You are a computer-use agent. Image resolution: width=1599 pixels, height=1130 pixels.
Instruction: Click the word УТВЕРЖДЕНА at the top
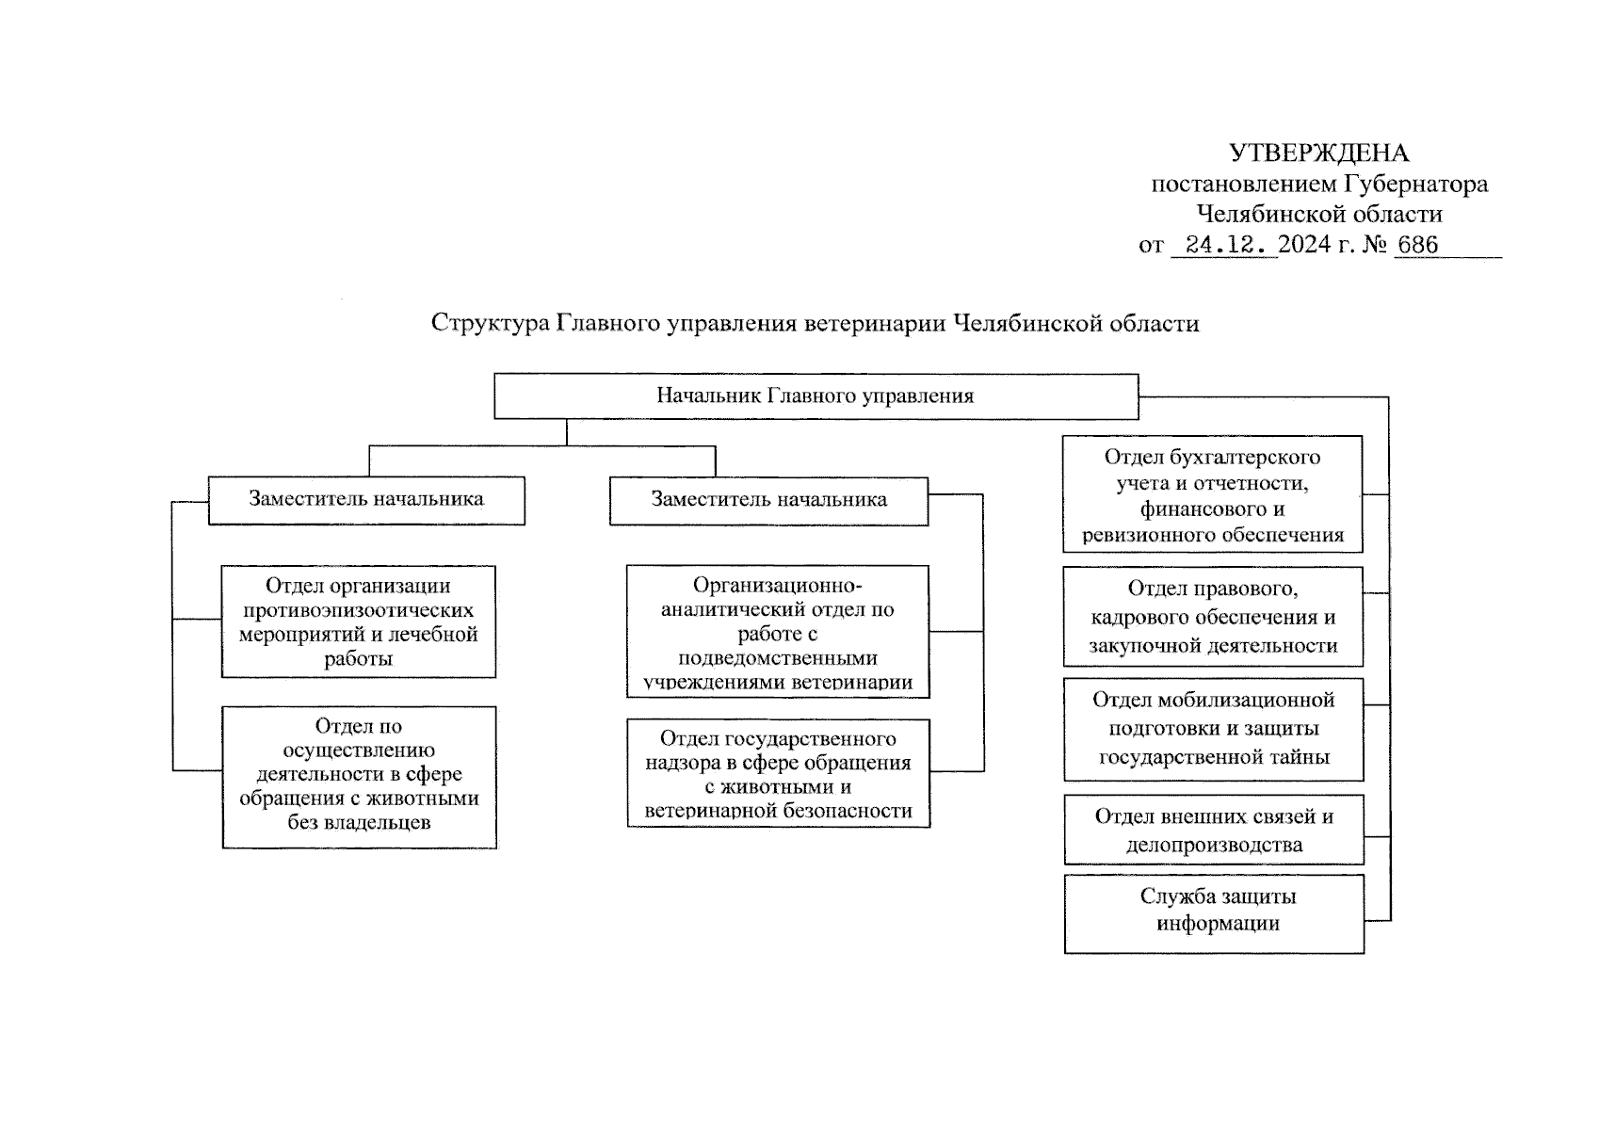point(1318,153)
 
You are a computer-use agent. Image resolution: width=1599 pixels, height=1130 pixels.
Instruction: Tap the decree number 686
point(1418,245)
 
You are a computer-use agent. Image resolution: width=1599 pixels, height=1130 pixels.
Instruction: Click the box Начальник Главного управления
point(816,395)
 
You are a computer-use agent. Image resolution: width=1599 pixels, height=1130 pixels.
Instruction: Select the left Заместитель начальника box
point(366,499)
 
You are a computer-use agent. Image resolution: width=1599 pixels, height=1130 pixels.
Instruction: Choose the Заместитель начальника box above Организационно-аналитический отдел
point(768,500)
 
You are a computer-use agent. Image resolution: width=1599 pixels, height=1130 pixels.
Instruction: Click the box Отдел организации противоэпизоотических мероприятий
point(359,621)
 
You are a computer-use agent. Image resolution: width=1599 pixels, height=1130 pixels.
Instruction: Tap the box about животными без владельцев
point(359,777)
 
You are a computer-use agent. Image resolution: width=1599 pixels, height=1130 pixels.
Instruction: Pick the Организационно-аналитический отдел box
point(778,632)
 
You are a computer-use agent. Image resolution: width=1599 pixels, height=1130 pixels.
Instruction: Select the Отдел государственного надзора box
point(778,774)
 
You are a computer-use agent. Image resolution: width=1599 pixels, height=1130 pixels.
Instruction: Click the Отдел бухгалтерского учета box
point(1212,494)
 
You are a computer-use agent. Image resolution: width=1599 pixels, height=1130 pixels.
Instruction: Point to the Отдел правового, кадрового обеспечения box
point(1213,617)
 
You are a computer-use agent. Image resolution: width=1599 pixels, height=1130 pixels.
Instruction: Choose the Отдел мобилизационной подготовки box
point(1213,729)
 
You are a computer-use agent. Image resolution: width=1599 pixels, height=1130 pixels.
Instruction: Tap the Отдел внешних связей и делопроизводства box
point(1214,830)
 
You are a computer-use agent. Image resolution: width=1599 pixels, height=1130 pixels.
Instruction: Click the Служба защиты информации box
point(1214,913)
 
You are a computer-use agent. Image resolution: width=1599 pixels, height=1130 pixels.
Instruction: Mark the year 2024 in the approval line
point(1304,245)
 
